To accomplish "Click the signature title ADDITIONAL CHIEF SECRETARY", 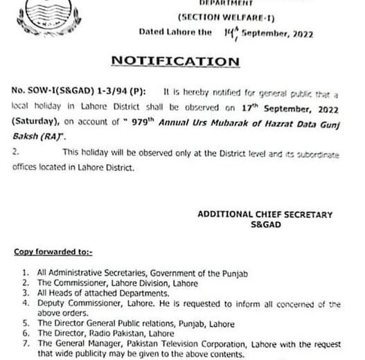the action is pyautogui.click(x=265, y=215).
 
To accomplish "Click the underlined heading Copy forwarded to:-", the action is pyautogui.click(x=53, y=253).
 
